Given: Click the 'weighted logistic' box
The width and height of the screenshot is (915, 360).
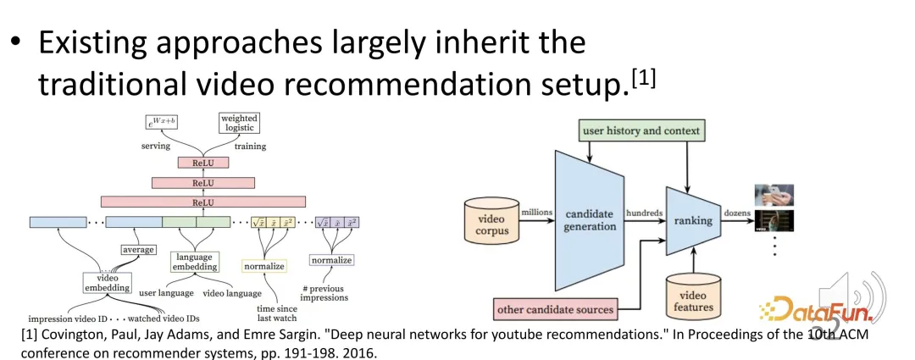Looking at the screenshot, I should pos(238,123).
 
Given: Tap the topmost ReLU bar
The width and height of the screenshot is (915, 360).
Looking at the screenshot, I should pos(203,162).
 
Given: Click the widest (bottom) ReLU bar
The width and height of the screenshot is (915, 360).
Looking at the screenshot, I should pos(203,202).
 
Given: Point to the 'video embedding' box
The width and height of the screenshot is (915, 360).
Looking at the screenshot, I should pos(108,282).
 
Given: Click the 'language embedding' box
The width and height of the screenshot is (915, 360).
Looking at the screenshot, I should pos(196,263).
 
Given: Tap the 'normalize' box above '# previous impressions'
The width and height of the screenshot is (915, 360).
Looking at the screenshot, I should pos(331,260).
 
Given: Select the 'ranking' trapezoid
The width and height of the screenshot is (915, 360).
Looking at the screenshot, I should pos(693,221).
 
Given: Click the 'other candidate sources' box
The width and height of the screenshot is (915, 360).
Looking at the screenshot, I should pos(555,308).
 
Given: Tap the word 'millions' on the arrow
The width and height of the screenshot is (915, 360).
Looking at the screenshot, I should pos(536,213).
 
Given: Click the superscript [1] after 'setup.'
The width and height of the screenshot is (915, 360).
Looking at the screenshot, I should pos(643,81).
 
